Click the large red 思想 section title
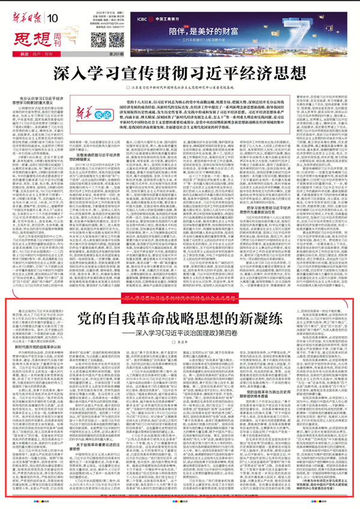pyautogui.click(x=28, y=26)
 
